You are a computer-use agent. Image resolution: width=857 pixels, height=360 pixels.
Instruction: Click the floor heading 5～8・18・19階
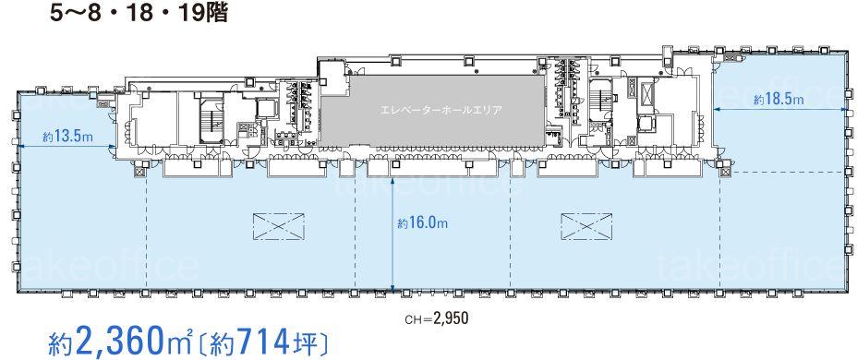coord(139,14)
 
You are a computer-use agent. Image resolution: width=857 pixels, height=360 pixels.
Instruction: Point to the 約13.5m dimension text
coord(66,138)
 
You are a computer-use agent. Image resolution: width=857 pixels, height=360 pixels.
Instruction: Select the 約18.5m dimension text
coord(779,100)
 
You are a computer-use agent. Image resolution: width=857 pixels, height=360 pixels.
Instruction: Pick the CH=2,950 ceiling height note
coord(436,318)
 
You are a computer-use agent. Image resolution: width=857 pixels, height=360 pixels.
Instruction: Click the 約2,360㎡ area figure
coord(120,342)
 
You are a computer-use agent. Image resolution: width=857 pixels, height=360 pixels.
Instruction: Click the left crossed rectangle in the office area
coord(278,225)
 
